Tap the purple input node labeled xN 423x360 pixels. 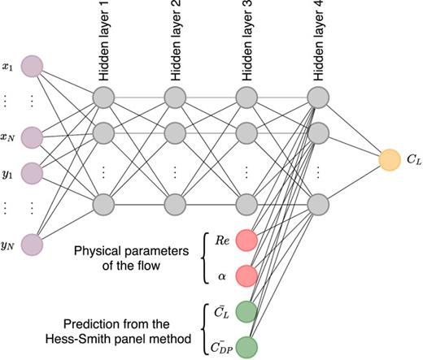click(x=32, y=135)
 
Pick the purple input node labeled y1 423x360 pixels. click(x=32, y=171)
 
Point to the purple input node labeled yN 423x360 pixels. click(x=32, y=242)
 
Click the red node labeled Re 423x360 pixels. click(x=247, y=240)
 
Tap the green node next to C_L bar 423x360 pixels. click(x=247, y=312)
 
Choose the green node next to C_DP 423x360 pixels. click(x=247, y=345)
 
